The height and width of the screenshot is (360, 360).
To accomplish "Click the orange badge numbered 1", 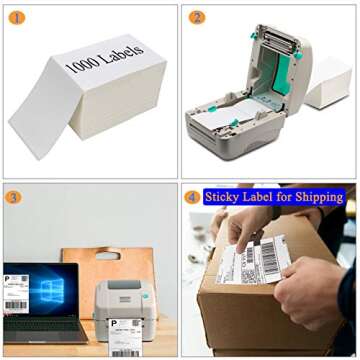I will (16, 18).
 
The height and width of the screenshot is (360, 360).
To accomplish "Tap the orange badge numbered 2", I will (197, 18).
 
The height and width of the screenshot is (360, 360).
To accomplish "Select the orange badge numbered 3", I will (13, 197).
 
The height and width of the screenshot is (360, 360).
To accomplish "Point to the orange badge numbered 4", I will (192, 197).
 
